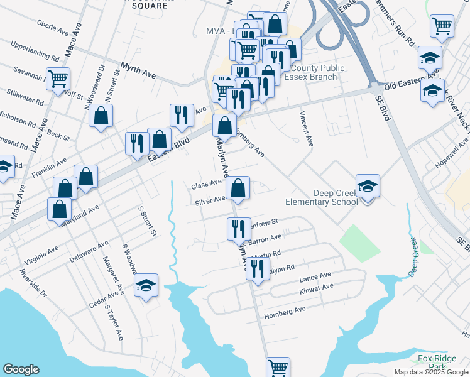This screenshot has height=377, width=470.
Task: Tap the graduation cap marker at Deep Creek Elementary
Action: click(368, 187)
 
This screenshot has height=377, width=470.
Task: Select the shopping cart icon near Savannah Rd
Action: click(58, 80)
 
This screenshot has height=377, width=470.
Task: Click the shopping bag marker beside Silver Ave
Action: click(238, 188)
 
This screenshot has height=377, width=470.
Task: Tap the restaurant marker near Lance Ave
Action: click(258, 270)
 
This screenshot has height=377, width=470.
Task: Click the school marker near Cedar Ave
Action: click(146, 286)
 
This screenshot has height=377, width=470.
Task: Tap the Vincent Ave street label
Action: click(306, 128)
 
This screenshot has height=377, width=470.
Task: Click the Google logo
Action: click(21, 369)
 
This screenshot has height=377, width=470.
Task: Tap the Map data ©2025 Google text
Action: click(430, 372)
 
